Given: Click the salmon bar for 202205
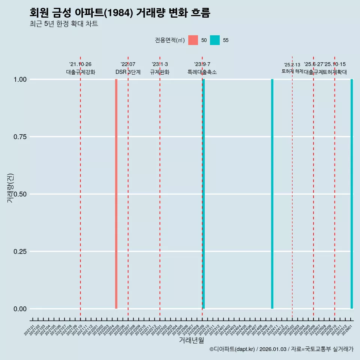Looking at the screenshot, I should [116, 194].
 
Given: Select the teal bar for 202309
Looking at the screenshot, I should [204, 194].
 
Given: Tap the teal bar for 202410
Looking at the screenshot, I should [272, 194].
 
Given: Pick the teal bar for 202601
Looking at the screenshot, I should [352, 194].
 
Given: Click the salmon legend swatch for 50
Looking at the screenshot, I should [193, 40].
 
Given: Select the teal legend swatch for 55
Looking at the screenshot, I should [215, 40].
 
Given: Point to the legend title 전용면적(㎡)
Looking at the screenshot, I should [169, 40].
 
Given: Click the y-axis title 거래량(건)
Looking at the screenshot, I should [10, 188].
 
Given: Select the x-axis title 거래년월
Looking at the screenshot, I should [191, 340].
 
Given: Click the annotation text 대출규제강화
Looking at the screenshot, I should [81, 72].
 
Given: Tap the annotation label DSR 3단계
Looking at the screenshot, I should [128, 72].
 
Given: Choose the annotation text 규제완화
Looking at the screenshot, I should [160, 72].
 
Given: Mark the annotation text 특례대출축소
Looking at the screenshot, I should [202, 72].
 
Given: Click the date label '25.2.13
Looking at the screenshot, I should [292, 65].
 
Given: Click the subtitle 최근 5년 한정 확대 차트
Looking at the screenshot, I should [64, 24].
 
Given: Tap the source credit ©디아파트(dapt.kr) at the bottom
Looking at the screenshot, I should [232, 349].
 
